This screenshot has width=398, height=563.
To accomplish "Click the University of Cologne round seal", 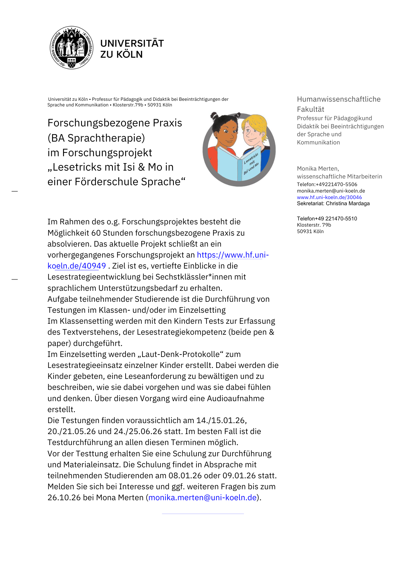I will pyautogui.click(x=71, y=48).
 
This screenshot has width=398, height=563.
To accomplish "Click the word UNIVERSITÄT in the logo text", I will pyautogui.click(x=132, y=43).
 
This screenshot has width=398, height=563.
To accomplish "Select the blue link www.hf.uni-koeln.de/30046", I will pyautogui.click(x=329, y=197).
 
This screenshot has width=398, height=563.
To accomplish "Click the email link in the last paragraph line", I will pyautogui.click(x=202, y=497).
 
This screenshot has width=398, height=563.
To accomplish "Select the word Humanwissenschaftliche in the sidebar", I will pyautogui.click(x=339, y=99).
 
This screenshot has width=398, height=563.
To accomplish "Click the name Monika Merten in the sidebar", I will pyautogui.click(x=318, y=169).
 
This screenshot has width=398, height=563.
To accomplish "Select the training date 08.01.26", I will pyautogui.click(x=185, y=475).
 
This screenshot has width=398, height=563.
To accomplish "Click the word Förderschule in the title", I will pyautogui.click(x=107, y=182).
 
